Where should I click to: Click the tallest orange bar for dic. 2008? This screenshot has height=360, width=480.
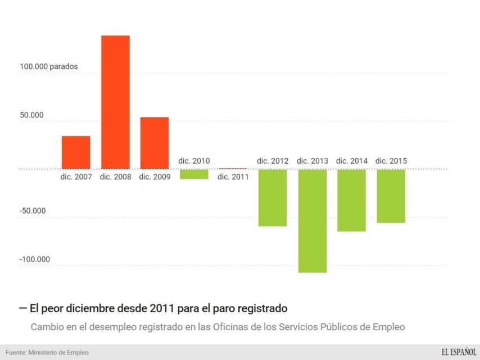point(115,102)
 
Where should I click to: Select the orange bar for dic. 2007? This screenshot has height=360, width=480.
point(76,152)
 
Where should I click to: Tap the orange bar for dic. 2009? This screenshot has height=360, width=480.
point(155,143)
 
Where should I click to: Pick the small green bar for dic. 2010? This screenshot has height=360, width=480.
point(194,174)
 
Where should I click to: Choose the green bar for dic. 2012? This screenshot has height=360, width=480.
point(273,197)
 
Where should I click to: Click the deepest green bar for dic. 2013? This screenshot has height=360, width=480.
point(312,220)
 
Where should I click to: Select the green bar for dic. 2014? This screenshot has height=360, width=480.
point(351,200)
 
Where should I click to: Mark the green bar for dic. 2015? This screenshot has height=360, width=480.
point(391,196)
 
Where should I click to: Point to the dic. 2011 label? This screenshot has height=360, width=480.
point(233,177)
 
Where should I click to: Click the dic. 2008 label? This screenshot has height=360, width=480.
point(115,177)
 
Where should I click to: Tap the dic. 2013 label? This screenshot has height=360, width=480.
point(312,161)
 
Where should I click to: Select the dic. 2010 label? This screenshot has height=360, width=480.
point(194,161)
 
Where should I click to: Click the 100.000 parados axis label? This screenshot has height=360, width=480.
point(49,66)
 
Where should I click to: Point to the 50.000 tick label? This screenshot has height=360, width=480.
point(32,115)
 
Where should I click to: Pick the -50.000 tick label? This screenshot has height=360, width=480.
point(33,211)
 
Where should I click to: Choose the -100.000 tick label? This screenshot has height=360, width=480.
point(35,259)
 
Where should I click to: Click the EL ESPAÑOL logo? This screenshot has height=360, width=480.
point(459,352)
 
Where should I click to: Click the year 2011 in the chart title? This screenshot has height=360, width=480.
point(161,308)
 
